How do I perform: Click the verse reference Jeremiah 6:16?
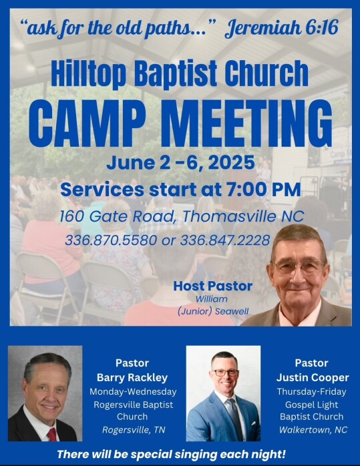click(282, 28)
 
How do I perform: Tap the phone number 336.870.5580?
click(111, 240)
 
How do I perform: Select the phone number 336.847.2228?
click(225, 240)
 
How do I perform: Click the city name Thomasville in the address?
click(230, 216)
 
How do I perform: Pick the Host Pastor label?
click(213, 286)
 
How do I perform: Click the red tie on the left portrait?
click(51, 435)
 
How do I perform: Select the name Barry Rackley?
click(132, 377)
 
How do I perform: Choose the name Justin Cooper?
click(313, 377)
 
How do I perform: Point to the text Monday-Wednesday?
click(133, 392)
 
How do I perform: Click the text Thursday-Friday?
click(311, 392)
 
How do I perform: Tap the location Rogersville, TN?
click(134, 430)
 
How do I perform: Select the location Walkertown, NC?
click(313, 430)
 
